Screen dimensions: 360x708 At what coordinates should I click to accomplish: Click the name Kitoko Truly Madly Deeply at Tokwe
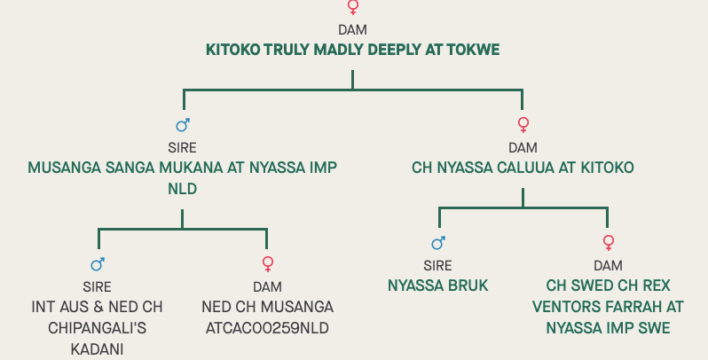(352, 50)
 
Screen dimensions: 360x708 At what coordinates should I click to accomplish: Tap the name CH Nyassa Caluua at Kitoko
(523, 167)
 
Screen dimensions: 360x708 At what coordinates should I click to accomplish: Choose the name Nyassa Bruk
(437, 285)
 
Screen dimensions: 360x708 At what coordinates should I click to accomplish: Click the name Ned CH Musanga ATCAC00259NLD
(267, 317)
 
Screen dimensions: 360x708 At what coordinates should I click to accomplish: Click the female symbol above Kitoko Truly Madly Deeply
(353, 8)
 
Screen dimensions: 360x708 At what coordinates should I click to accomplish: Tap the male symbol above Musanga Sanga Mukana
(183, 125)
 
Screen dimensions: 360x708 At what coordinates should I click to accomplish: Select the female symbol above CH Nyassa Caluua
(523, 125)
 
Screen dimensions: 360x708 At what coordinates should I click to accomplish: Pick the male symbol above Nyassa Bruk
(437, 243)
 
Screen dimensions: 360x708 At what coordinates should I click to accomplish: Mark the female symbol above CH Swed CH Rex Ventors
(608, 243)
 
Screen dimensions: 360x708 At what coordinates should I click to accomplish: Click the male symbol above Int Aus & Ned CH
(98, 263)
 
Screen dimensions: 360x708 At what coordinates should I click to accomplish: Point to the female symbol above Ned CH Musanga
(267, 263)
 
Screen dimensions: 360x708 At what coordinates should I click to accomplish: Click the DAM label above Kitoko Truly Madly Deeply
(352, 29)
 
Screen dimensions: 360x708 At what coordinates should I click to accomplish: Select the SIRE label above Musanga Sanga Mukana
(182, 147)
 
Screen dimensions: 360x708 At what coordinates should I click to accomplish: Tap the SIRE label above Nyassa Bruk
(437, 265)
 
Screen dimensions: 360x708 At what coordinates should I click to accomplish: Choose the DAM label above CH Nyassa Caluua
(523, 147)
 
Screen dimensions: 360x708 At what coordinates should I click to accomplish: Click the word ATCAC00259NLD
(267, 327)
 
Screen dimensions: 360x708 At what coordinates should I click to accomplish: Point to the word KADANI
(97, 348)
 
